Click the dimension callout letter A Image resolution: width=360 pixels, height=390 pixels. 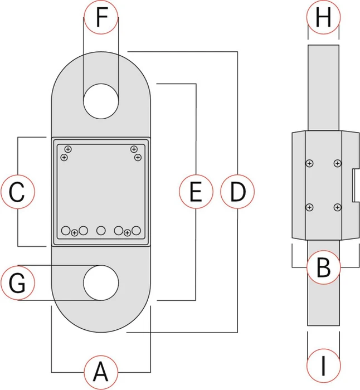[x=101, y=372]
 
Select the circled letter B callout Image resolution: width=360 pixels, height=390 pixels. [x=323, y=267]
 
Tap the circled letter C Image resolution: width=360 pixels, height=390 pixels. [x=17, y=192]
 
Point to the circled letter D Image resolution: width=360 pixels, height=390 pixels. [x=237, y=192]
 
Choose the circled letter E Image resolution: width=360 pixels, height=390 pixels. [x=196, y=192]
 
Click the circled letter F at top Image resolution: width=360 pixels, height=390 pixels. [x=101, y=17]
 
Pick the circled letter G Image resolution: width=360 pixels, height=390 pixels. [x=17, y=283]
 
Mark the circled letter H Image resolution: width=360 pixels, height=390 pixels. [x=323, y=17]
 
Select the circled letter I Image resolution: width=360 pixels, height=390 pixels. [x=323, y=365]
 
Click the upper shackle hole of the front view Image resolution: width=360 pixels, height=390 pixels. [x=101, y=101]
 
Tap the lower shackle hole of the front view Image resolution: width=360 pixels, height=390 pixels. [x=101, y=283]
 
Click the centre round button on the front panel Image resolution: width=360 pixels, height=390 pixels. [x=101, y=231]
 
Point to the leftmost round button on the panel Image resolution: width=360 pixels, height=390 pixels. [x=66, y=231]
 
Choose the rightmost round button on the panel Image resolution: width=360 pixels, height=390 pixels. [x=136, y=231]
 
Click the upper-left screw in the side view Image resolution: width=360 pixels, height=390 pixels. [x=309, y=163]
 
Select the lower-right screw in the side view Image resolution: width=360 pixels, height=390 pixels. [x=337, y=207]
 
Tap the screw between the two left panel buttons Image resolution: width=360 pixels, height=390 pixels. [x=74, y=233]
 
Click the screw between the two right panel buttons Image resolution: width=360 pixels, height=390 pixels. [x=127, y=233]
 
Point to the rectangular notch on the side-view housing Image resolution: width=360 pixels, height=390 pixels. [x=356, y=186]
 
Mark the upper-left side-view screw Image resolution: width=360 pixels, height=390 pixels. [x=309, y=163]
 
